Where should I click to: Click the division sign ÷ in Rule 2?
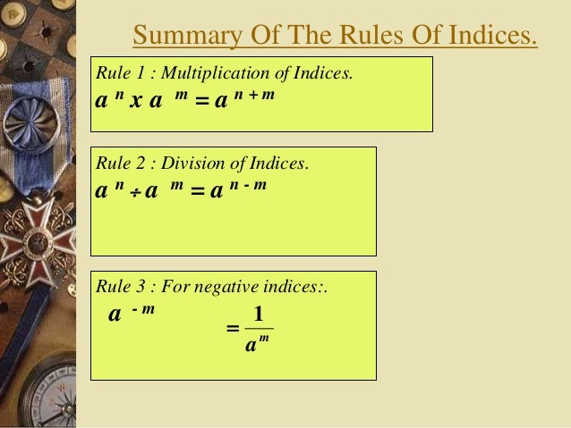(133, 192)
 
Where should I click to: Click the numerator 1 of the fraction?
(258, 314)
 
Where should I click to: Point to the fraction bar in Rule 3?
(258, 329)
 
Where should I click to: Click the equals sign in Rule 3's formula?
(233, 330)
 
